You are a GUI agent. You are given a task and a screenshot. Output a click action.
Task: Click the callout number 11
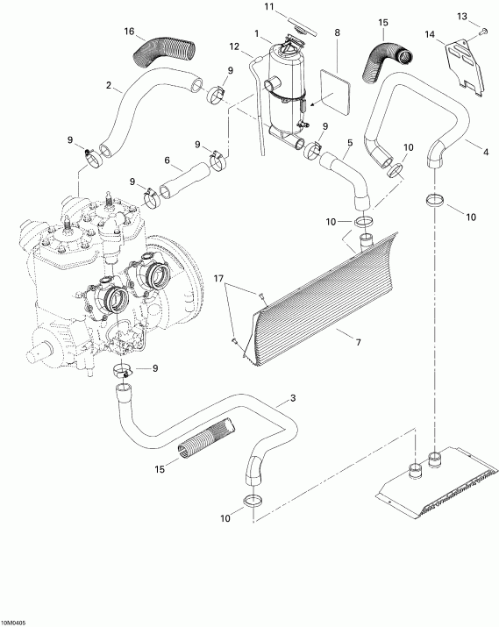point(270,9)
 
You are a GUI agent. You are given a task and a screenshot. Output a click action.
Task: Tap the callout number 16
point(130,32)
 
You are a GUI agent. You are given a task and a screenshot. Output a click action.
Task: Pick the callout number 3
point(291,399)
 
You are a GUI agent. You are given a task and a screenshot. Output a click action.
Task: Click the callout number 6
point(166,160)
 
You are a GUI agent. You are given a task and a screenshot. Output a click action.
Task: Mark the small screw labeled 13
point(481,32)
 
